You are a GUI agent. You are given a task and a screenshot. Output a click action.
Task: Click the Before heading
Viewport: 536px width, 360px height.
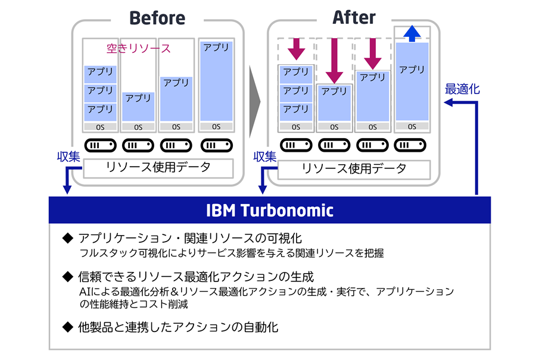[x=157, y=17]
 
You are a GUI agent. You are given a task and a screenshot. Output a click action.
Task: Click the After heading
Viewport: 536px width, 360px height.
[x=354, y=17]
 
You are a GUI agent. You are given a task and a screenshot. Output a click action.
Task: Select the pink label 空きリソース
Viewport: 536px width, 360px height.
[x=138, y=48]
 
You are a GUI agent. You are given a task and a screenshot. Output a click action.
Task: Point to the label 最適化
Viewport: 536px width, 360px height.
[x=462, y=89]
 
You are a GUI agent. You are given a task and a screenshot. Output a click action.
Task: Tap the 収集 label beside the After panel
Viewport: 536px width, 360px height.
[x=265, y=156]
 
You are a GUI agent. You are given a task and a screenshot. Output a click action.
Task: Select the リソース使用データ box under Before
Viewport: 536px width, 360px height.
[x=157, y=168]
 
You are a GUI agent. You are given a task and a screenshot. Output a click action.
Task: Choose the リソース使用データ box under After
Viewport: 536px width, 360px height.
[x=353, y=168]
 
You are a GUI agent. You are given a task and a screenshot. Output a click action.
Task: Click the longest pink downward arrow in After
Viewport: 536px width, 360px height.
[x=334, y=60]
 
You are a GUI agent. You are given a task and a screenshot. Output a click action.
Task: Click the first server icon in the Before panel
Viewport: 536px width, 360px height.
[x=99, y=146]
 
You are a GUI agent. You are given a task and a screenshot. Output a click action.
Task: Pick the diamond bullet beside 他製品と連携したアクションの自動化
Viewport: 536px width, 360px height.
[x=67, y=327]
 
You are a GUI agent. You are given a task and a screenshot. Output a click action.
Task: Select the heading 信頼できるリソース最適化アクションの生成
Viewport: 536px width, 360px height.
[x=197, y=277]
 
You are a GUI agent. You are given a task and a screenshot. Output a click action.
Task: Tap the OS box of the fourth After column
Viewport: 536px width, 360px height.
[x=412, y=126]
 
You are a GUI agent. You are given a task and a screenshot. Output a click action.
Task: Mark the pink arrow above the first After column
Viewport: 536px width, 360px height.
[x=296, y=49]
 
